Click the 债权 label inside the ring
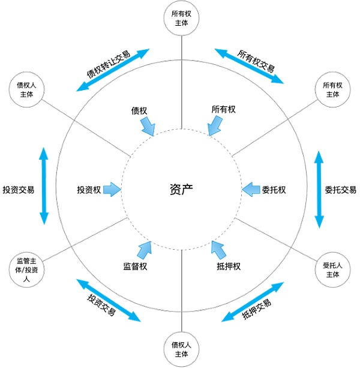point(139,111)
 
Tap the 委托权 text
point(274,190)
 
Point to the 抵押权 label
point(229,266)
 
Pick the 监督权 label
point(135,266)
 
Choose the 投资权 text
point(88,190)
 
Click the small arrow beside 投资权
point(112,190)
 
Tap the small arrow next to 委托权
point(249,190)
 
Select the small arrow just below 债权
point(148,126)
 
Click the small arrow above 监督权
point(145,249)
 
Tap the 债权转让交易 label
point(107,65)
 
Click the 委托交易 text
point(340,190)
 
